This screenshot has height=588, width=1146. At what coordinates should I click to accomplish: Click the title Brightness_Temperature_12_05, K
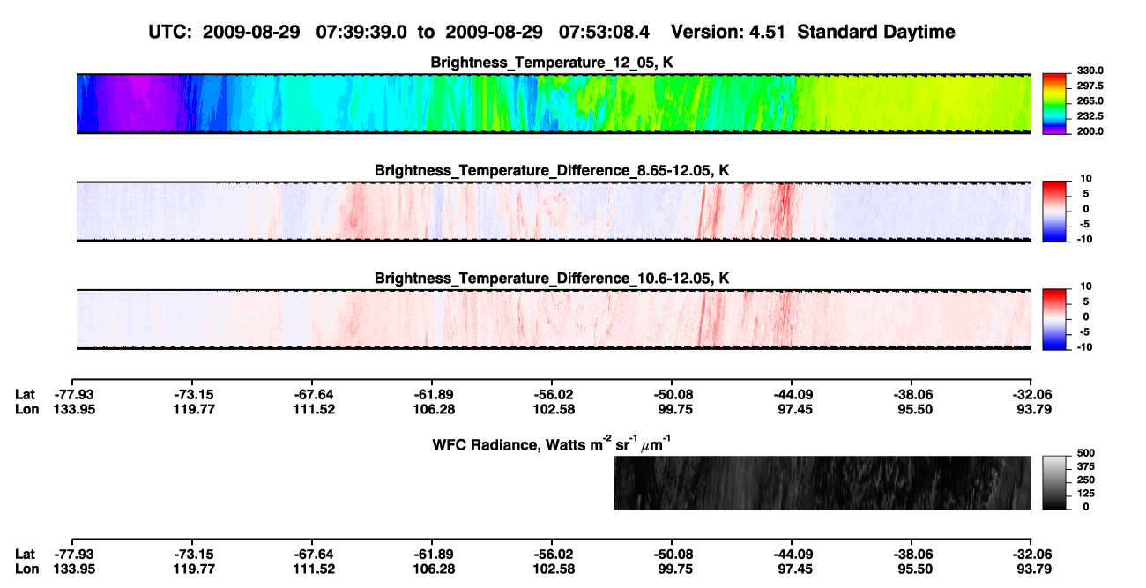pyautogui.click(x=552, y=63)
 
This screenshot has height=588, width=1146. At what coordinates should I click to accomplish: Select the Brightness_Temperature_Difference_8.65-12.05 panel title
pyautogui.click(x=552, y=170)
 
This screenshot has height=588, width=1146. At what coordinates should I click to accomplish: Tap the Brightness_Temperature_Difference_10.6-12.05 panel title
pyautogui.click(x=552, y=279)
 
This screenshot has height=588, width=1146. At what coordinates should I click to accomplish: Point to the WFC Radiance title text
pyautogui.click(x=552, y=444)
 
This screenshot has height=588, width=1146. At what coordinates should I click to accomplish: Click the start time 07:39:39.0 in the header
pyautogui.click(x=361, y=33)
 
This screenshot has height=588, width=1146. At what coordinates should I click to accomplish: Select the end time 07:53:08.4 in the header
pyautogui.click(x=604, y=33)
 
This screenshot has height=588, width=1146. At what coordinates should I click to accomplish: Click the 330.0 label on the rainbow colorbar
pyautogui.click(x=1090, y=71)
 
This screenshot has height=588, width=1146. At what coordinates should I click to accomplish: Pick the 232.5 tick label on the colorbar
pyautogui.click(x=1090, y=116)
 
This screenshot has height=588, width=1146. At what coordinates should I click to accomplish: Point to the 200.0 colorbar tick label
pyautogui.click(x=1090, y=131)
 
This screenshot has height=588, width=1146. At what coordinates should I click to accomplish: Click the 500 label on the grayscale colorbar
pyautogui.click(x=1086, y=453)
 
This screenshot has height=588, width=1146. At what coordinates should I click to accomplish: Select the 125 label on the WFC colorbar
pyautogui.click(x=1086, y=494)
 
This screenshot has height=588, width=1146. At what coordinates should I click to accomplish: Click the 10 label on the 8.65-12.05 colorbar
pyautogui.click(x=1086, y=179)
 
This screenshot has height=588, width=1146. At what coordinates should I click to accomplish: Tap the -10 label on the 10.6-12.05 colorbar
pyautogui.click(x=1084, y=347)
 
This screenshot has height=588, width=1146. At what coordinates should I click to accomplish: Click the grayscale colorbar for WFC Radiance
pyautogui.click(x=1054, y=482)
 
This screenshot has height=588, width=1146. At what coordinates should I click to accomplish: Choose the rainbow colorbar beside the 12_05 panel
pyautogui.click(x=1054, y=104)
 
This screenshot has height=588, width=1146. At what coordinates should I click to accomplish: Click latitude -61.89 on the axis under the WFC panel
pyautogui.click(x=434, y=555)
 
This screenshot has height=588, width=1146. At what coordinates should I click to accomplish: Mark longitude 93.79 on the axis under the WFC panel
pyautogui.click(x=1034, y=569)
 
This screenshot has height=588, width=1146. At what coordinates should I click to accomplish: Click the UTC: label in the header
pyautogui.click(x=170, y=33)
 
